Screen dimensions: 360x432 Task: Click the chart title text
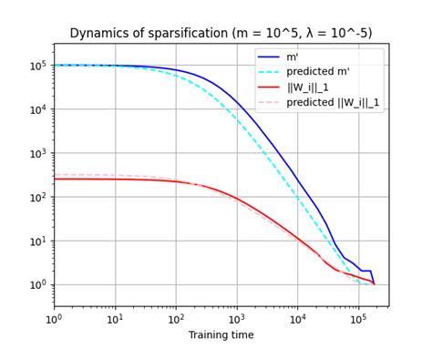pyautogui.click(x=221, y=34)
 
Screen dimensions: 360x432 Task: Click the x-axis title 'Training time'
pyautogui.click(x=221, y=335)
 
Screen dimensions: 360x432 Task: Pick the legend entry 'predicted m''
pyautogui.click(x=329, y=72)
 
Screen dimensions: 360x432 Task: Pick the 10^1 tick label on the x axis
pyautogui.click(x=116, y=319)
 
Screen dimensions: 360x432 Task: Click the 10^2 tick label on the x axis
pyautogui.click(x=176, y=319)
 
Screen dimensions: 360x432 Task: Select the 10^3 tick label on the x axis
pyautogui.click(x=237, y=319)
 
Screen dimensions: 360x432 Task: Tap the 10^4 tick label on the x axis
pyautogui.click(x=298, y=319)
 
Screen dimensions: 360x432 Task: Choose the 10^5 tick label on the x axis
pyautogui.click(x=358, y=319)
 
